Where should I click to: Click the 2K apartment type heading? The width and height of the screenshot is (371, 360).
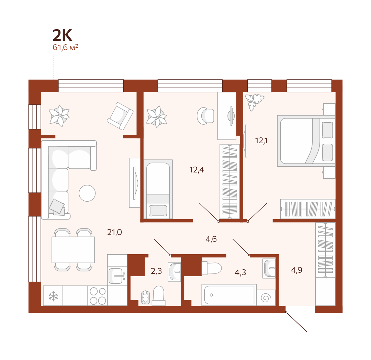[x=62, y=35]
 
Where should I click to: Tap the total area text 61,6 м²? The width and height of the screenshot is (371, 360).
[x=65, y=47]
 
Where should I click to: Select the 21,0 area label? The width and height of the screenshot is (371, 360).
[x=114, y=232]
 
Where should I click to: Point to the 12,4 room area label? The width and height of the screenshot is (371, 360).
[x=196, y=170]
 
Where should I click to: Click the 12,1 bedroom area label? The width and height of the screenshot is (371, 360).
[x=261, y=141]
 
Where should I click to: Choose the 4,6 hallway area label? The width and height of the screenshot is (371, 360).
[x=211, y=239]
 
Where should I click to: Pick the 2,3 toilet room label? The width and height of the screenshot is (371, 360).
[x=156, y=271]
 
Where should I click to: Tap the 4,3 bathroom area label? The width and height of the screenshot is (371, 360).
[x=240, y=272]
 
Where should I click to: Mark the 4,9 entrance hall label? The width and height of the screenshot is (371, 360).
[x=297, y=270]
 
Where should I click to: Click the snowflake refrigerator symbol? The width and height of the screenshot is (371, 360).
[x=53, y=296]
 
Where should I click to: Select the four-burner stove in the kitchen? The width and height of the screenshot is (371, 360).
[x=98, y=296]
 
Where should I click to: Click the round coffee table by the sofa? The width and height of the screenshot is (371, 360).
[x=87, y=193]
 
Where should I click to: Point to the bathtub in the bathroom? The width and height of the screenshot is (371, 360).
[x=229, y=295]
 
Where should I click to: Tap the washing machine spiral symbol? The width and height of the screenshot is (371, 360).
[x=266, y=298]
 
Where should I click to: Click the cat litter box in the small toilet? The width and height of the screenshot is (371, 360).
[x=145, y=297]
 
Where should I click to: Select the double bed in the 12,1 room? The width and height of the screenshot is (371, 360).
[x=306, y=141]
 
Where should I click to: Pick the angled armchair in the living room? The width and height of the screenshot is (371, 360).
[x=120, y=116]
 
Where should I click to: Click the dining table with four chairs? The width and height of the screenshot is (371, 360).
[x=73, y=250]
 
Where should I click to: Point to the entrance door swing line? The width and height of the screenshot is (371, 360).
[x=296, y=322]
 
